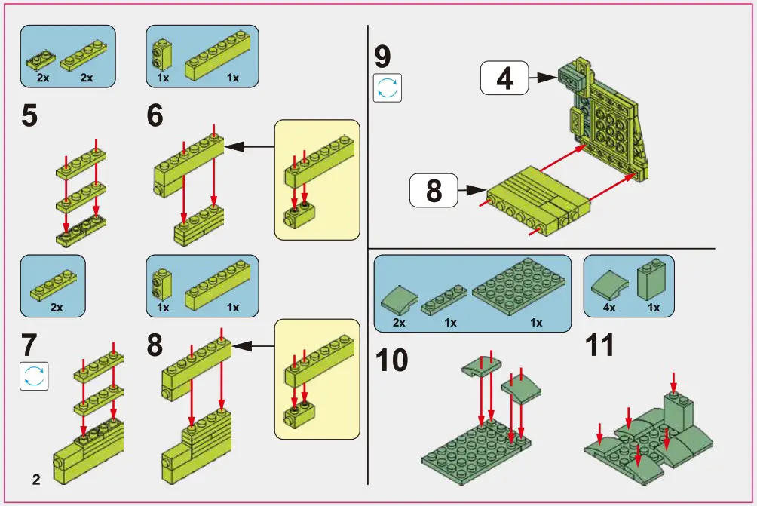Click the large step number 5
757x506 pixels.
pyautogui.click(x=29, y=117)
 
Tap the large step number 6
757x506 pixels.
pyautogui.click(x=155, y=117)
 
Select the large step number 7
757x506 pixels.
pyautogui.click(x=29, y=345)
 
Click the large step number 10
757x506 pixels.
pyautogui.click(x=391, y=360)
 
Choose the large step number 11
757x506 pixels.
pyautogui.click(x=599, y=346)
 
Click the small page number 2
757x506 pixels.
pyautogui.click(x=35, y=479)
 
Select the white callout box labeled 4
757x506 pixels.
pyautogui.click(x=505, y=78)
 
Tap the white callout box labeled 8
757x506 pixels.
pyautogui.click(x=434, y=190)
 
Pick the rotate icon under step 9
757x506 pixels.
pyautogui.click(x=388, y=87)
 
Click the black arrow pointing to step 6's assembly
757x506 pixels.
pyautogui.click(x=249, y=147)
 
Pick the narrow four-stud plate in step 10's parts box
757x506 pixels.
pyautogui.click(x=444, y=301)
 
